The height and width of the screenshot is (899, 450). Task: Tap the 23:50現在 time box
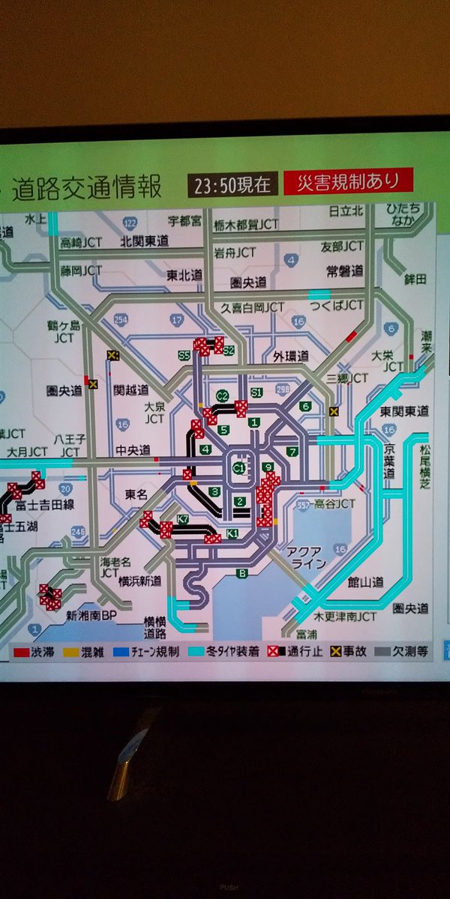(232, 184)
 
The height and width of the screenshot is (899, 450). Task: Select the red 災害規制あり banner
(348, 181)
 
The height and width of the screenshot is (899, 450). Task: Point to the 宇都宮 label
(184, 222)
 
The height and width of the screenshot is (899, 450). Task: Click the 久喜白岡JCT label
(252, 307)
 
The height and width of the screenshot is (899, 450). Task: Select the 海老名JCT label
(116, 566)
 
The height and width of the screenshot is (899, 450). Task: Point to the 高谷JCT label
(334, 503)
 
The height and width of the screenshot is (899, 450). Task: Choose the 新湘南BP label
(91, 616)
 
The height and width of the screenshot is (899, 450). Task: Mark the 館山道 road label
(367, 581)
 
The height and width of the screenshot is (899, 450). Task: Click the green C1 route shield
(238, 469)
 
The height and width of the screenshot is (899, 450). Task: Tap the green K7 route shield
(183, 520)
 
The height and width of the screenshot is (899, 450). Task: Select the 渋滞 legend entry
(33, 652)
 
